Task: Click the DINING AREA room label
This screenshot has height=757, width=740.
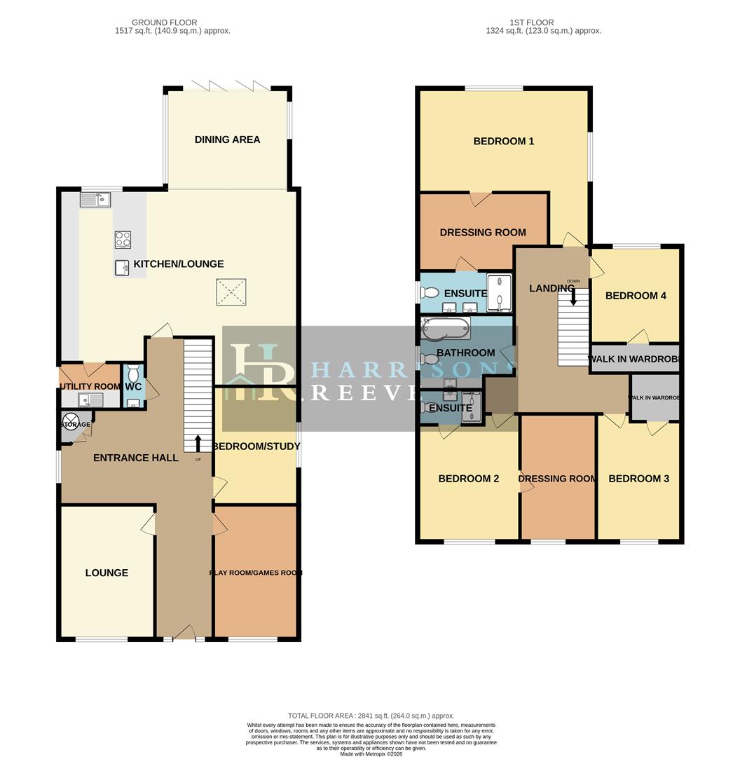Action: coord(227,139)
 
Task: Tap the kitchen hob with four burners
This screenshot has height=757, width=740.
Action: coord(123,240)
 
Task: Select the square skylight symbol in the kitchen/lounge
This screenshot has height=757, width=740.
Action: coord(231,292)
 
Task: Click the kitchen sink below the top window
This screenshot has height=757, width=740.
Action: coord(95,200)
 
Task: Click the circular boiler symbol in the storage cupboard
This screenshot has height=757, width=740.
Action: coord(71,422)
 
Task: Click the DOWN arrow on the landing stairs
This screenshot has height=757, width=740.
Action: coord(573,296)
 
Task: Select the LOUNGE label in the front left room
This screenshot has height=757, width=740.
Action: coord(107,573)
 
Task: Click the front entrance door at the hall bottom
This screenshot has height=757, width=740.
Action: coord(184,635)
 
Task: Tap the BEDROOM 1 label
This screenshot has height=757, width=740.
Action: coord(503,141)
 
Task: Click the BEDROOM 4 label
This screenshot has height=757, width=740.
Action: coord(636,296)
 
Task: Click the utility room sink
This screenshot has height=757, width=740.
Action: coord(91,400)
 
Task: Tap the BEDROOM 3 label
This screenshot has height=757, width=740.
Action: coord(638,479)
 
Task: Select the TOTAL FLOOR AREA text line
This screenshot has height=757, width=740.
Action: coord(371,716)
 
